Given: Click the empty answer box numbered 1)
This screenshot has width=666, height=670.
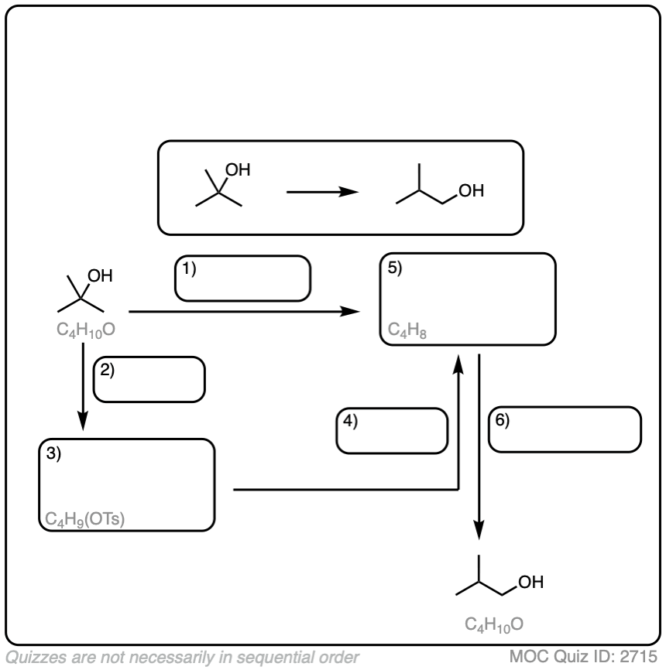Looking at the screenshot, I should [x=242, y=278].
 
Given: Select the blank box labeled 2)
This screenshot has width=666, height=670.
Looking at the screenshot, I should [x=149, y=378].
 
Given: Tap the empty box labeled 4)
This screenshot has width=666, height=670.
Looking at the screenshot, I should [x=392, y=430].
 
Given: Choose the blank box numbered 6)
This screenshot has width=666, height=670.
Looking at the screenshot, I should [x=565, y=429].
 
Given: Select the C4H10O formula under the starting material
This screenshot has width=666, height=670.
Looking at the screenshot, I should [x=87, y=330].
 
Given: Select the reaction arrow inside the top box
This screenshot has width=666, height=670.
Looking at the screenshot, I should [x=321, y=190].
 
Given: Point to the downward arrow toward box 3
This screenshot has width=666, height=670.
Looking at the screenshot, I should [x=83, y=387].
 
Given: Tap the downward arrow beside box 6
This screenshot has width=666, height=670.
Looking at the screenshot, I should [x=480, y=449].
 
